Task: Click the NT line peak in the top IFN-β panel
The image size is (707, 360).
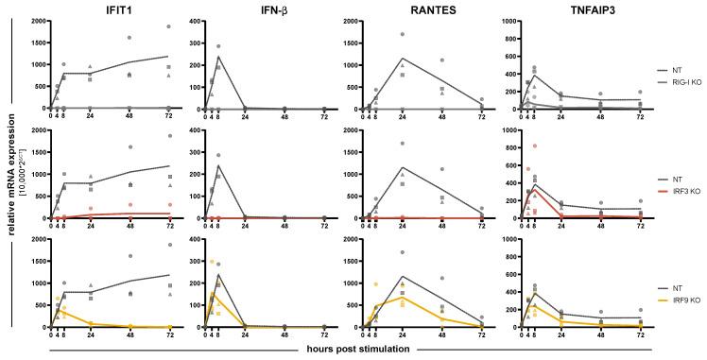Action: (x=218, y=57)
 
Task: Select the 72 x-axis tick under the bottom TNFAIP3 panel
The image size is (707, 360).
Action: (x=640, y=336)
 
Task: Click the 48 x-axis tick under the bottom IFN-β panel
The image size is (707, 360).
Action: (x=285, y=336)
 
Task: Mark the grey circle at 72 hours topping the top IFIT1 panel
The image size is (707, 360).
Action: (x=169, y=26)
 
